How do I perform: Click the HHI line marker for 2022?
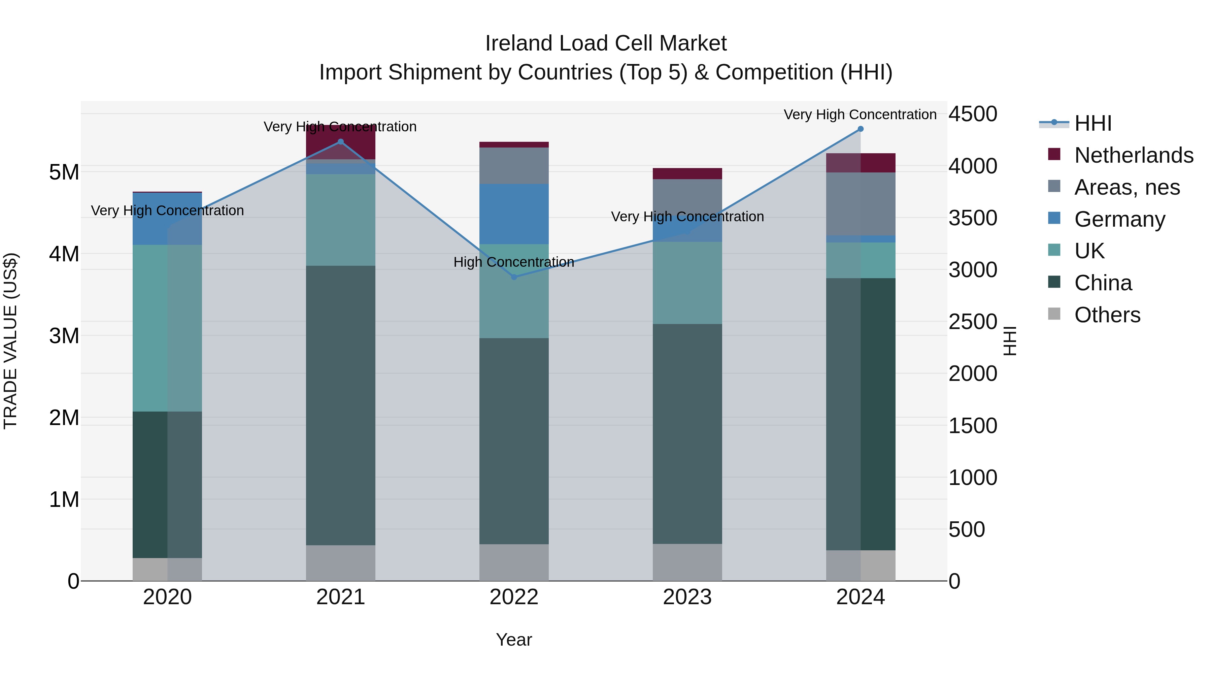click(x=514, y=277)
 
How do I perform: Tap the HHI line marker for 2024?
click(x=861, y=129)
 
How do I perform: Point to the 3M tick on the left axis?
click(x=64, y=335)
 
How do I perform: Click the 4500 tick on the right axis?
click(x=972, y=114)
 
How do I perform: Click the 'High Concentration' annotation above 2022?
click(x=514, y=262)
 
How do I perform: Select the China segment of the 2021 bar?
click(x=341, y=405)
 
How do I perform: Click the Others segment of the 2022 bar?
click(x=514, y=562)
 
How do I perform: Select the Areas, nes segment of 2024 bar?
click(x=861, y=203)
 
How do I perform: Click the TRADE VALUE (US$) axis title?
click(x=10, y=341)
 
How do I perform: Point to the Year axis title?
click(x=514, y=640)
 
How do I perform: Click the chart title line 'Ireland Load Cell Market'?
click(x=606, y=43)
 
